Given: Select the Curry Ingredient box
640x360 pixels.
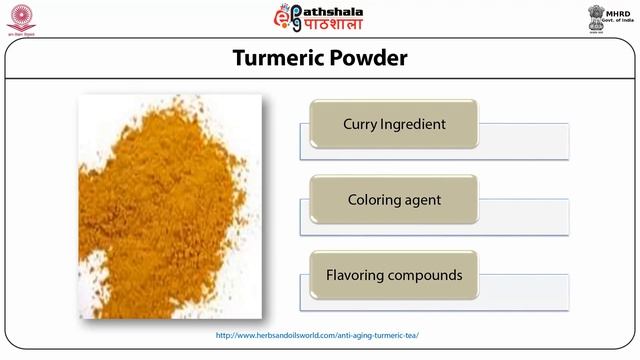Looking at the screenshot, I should (393, 125).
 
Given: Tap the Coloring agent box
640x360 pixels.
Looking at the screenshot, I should (393, 199).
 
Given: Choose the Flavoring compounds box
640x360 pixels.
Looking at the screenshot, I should (393, 274).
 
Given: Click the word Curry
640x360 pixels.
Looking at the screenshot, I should (360, 125).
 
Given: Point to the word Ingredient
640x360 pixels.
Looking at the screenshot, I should (412, 125).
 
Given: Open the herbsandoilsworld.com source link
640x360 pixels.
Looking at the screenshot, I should (318, 335).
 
